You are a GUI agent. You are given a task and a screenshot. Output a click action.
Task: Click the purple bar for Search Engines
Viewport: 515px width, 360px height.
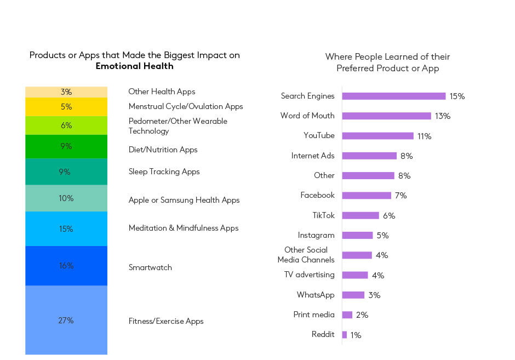pos(394,96)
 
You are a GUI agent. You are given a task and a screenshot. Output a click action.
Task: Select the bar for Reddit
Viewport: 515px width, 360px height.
pos(345,335)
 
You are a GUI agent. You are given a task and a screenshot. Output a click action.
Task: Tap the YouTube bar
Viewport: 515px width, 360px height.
pos(377,136)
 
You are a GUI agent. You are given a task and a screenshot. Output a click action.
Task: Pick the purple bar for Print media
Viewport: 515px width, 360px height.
pos(347,315)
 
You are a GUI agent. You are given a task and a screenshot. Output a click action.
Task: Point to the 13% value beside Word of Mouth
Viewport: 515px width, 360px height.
pos(443,116)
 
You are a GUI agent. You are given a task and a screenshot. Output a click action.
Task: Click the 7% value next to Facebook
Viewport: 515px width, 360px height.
pos(400,196)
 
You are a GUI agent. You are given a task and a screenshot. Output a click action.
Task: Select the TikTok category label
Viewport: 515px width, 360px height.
pos(323,215)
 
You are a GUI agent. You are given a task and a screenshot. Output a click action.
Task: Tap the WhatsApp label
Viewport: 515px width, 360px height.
pos(316,295)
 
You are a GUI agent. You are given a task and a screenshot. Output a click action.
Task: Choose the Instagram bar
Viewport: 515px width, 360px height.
pos(357,235)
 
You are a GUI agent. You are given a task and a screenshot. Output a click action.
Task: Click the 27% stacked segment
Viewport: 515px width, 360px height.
pos(66,320)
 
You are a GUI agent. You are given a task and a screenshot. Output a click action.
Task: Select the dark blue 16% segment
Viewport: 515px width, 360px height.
pos(66,266)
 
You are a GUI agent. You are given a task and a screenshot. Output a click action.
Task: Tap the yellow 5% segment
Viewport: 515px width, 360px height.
pos(66,107)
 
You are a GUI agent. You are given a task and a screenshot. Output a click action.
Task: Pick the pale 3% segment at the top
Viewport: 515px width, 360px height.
pos(66,92)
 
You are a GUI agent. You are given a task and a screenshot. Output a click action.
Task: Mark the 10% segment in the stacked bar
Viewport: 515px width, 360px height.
pos(66,198)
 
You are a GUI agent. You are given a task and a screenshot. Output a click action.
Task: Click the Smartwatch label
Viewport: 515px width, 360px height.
pos(150,267)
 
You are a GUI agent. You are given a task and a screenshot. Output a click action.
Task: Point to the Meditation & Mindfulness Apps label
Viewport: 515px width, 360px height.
pos(184,228)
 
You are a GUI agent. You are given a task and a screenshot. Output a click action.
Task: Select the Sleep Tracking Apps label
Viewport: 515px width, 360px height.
pos(164,172)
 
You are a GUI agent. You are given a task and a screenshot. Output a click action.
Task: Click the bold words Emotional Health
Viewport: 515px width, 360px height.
pos(135,66)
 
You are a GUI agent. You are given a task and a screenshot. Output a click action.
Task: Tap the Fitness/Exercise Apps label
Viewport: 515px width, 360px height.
pos(166,321)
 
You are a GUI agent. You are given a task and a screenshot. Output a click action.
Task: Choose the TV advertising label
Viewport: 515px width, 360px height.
pos(310,275)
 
